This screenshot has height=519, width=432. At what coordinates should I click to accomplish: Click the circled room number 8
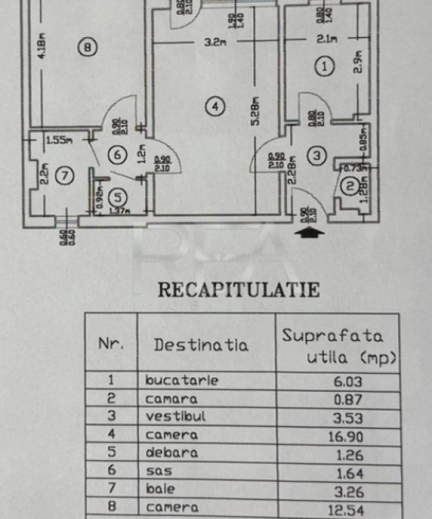click(87, 47)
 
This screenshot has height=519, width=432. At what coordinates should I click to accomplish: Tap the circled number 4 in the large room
click(214, 106)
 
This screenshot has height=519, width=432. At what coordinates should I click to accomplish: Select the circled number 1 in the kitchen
click(325, 66)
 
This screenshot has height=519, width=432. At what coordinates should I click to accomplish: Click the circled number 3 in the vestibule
click(315, 155)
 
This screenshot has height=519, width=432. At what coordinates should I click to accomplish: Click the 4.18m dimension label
click(41, 47)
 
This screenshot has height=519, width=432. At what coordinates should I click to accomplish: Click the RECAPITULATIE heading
click(238, 290)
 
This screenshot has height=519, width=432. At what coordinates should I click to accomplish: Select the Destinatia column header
click(200, 344)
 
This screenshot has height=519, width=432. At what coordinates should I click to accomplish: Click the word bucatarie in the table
click(182, 380)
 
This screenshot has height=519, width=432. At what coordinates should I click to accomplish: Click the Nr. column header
click(111, 343)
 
